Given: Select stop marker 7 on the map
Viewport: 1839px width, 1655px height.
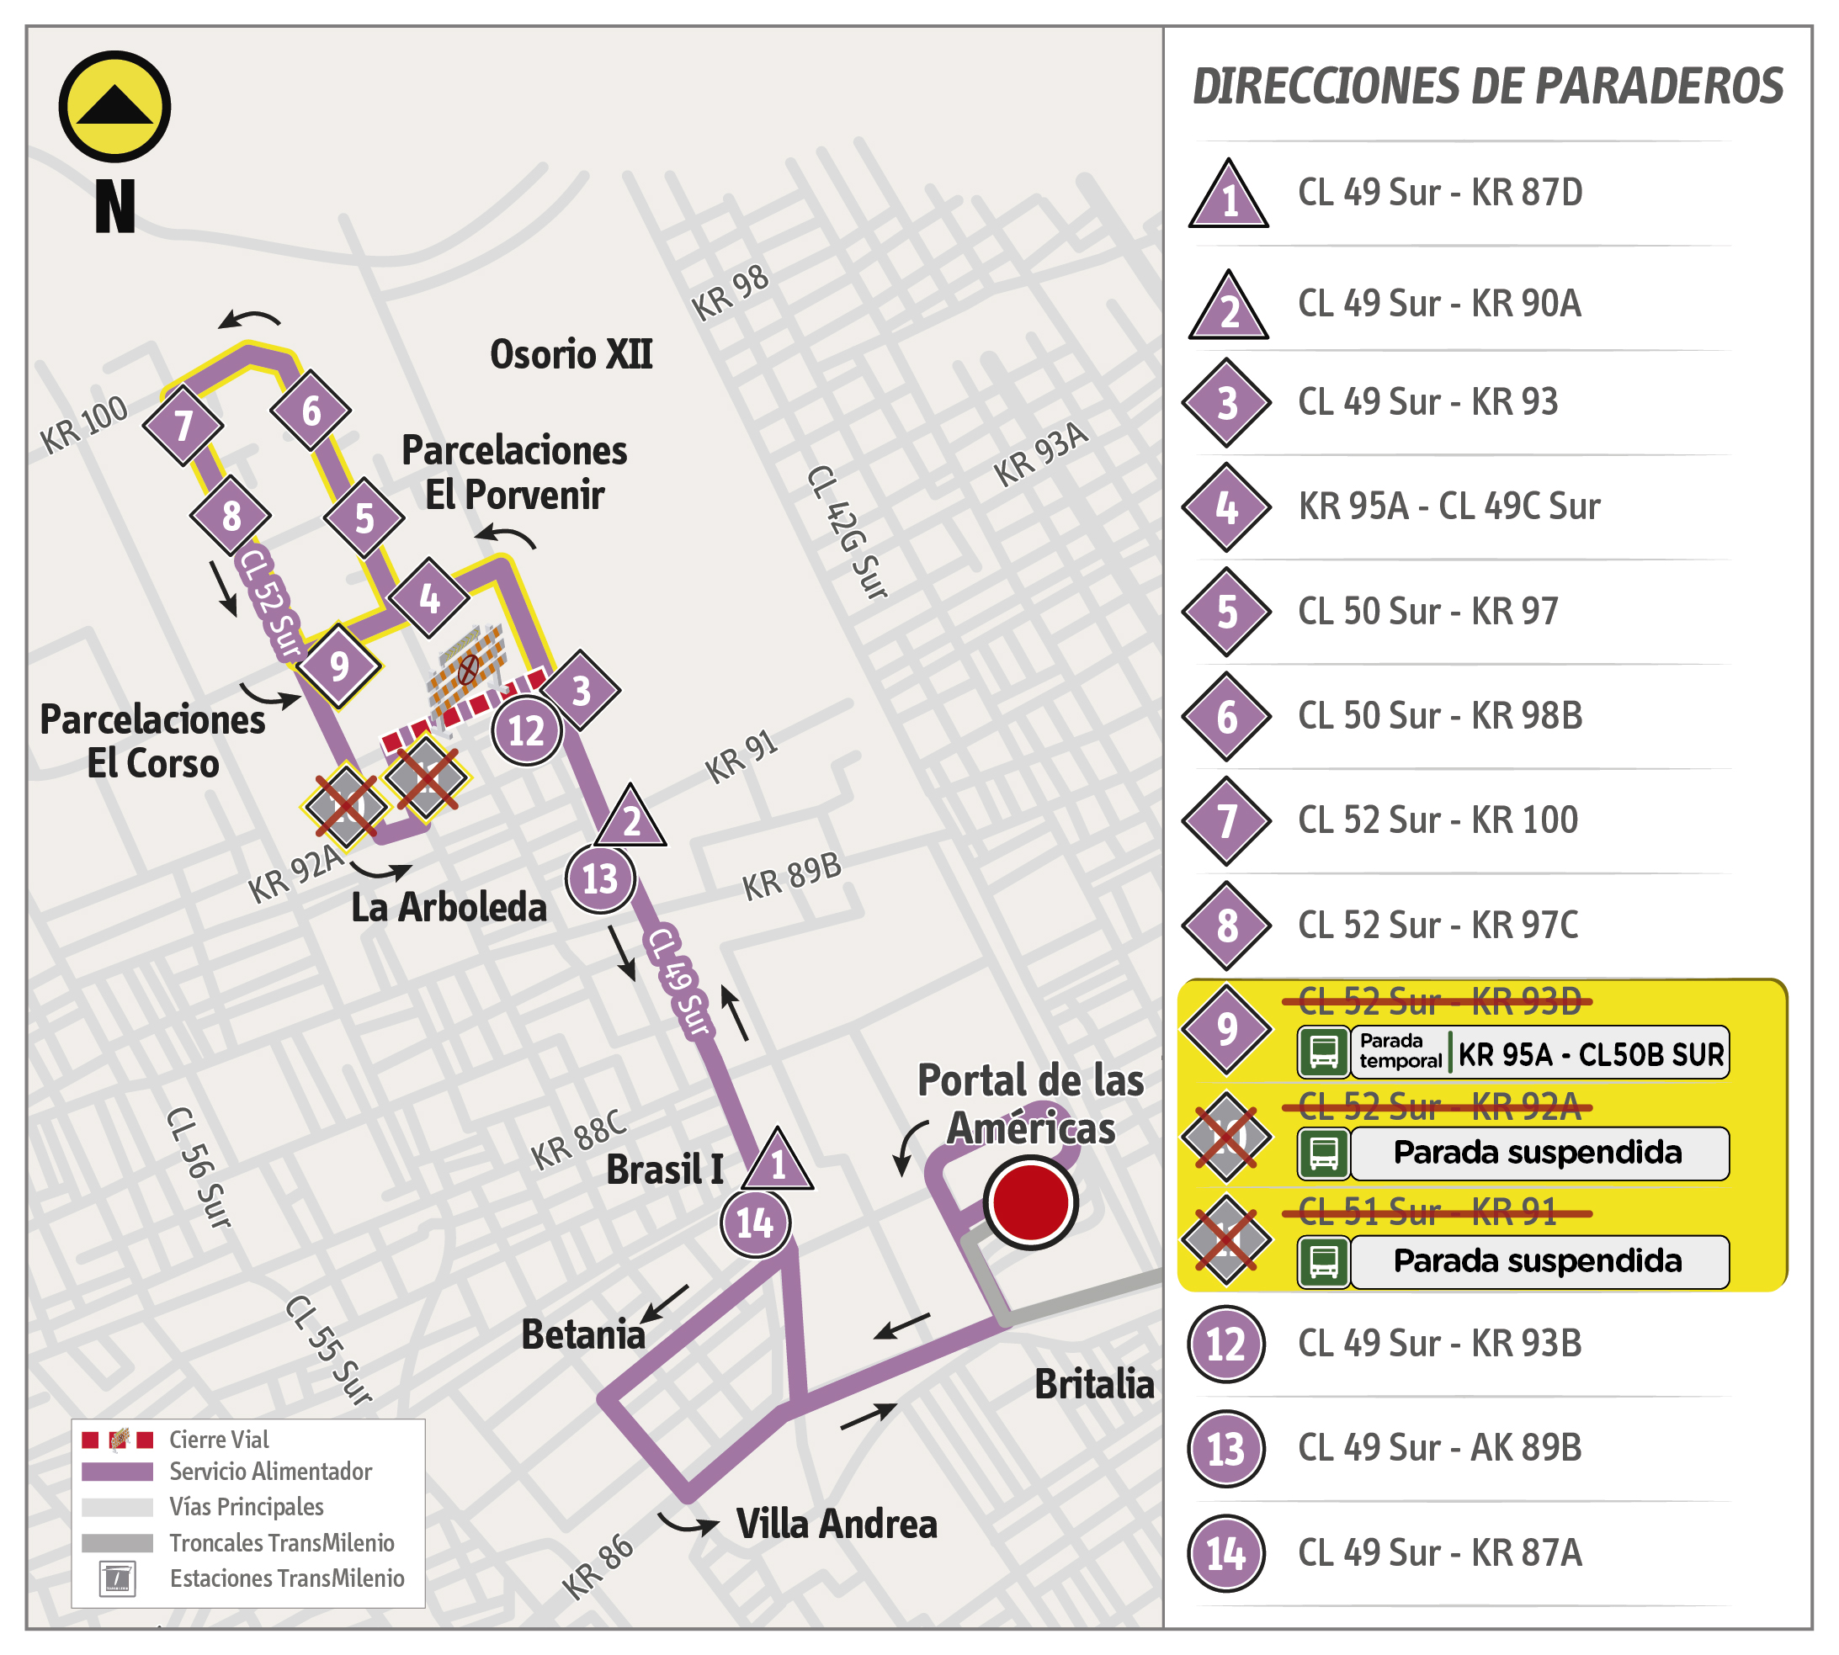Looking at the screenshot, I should pos(183,425).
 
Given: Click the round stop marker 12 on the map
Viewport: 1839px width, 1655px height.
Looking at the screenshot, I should pos(527,730).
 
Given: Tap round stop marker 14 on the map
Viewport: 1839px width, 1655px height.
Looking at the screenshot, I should pos(755,1223).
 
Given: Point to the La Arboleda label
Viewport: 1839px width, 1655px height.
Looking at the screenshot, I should pos(449,908).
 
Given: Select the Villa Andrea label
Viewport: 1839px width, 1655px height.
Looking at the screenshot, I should pos(836,1524).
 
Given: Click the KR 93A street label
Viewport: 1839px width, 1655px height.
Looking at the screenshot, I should pos(1040,454).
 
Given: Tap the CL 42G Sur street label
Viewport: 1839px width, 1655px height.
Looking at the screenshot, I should pos(848,533).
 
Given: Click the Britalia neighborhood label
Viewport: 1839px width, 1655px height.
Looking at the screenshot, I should pos(1094,1384).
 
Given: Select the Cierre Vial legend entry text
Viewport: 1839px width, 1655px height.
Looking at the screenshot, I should pos(219,1440).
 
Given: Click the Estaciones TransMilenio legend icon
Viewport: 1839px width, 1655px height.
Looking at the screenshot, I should pos(117,1578).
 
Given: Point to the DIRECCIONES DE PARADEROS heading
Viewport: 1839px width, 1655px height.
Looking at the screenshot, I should pos(1487,87).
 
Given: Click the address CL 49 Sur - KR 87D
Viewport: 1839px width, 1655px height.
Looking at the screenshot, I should pos(1440,193).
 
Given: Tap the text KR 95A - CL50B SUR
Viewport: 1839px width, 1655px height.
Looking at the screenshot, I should pos(1591,1054).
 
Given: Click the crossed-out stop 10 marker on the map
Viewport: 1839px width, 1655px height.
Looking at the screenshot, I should pos(345,806).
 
